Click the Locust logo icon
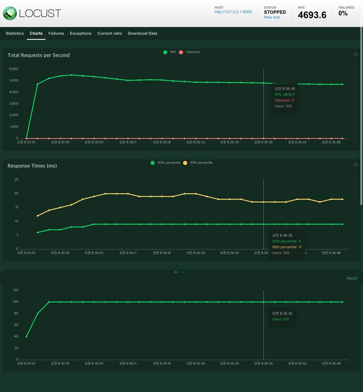[x=9, y=13]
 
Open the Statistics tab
[x=15, y=33]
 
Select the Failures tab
[x=56, y=33]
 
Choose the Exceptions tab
[x=81, y=33]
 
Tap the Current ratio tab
[x=110, y=33]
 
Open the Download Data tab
[x=143, y=33]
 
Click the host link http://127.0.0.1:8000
[x=233, y=12]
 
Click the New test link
[x=272, y=17]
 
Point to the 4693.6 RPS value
[x=312, y=15]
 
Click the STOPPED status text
[x=275, y=12]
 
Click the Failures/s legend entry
[x=190, y=52]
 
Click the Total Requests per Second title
[x=38, y=55]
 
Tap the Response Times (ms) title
[x=32, y=166]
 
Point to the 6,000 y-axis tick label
[x=14, y=69]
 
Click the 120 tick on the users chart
[x=15, y=290]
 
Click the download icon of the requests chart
[x=356, y=54]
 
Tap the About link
[x=352, y=278]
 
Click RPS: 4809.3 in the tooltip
[x=285, y=94]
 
